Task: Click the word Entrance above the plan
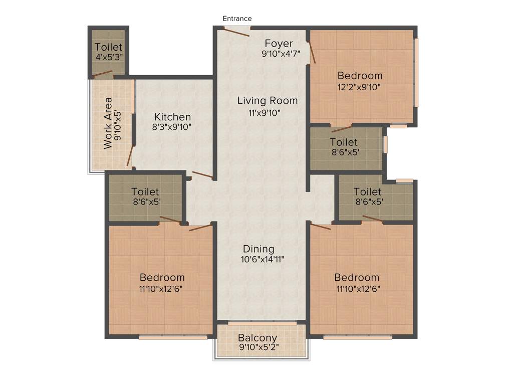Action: click(x=237, y=19)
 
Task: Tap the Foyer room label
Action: click(x=279, y=43)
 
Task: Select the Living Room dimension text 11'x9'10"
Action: click(x=267, y=113)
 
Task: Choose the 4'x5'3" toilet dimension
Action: click(x=109, y=58)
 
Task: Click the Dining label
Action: click(x=259, y=249)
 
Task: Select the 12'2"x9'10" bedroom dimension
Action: click(x=360, y=87)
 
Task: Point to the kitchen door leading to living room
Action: click(x=203, y=175)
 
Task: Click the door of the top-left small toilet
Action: click(x=102, y=74)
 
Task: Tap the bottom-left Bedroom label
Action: click(x=162, y=277)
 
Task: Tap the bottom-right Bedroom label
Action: click(x=357, y=277)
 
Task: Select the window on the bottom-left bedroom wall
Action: click(x=173, y=337)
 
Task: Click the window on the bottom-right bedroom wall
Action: click(x=357, y=337)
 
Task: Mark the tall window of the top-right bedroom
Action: click(x=416, y=73)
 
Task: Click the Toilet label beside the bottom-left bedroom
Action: click(x=145, y=191)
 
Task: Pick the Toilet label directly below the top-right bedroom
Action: click(x=344, y=142)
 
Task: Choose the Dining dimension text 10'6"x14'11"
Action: click(x=263, y=260)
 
